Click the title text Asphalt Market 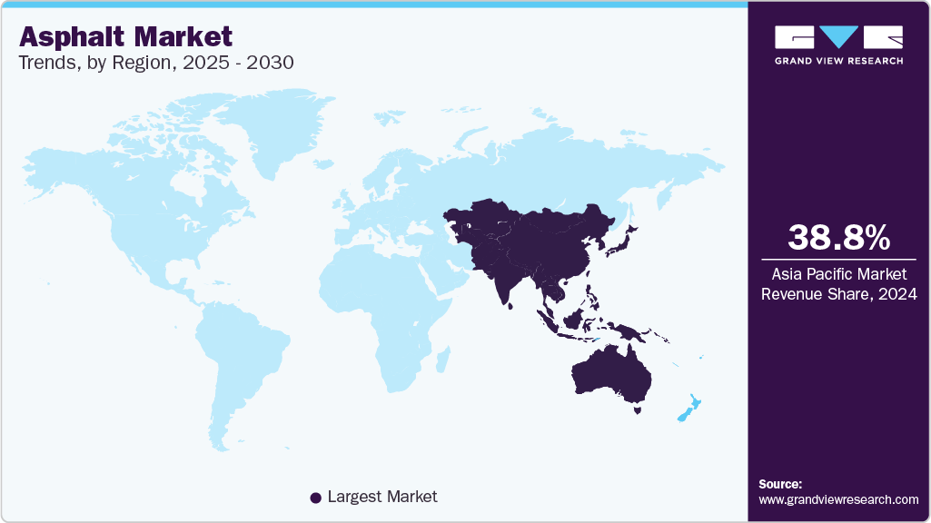[x=126, y=36]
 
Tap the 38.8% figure [x=838, y=238]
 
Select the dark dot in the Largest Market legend [x=316, y=498]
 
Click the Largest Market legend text [x=382, y=497]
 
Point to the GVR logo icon [x=838, y=36]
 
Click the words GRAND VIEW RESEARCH [x=838, y=61]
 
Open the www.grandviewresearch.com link [x=838, y=499]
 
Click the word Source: [x=780, y=484]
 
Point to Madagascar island [x=442, y=360]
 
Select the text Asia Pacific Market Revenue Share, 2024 [x=838, y=282]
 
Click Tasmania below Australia [x=639, y=410]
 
